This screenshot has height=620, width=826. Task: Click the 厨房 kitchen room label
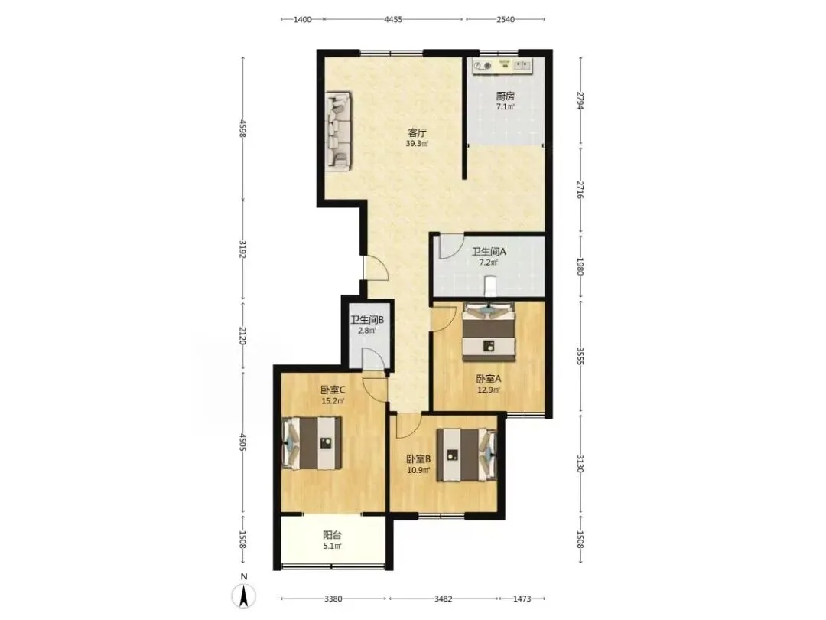(x=506, y=96)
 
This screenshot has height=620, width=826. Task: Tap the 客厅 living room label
(x=417, y=133)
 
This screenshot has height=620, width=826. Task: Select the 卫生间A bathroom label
(x=488, y=252)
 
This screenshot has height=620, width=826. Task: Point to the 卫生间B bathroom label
(x=367, y=320)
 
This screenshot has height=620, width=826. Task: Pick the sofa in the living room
(x=338, y=132)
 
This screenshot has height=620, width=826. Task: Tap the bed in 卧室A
(x=489, y=331)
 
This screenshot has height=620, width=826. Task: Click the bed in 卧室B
(x=467, y=455)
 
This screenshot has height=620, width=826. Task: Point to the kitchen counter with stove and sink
(x=502, y=66)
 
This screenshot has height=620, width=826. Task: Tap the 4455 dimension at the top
(x=393, y=19)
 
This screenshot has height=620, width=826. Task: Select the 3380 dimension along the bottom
(x=333, y=599)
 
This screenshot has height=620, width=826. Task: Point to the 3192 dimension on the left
(x=243, y=249)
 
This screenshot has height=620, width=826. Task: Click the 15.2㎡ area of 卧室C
(x=333, y=400)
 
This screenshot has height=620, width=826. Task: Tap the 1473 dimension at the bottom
(x=522, y=599)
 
